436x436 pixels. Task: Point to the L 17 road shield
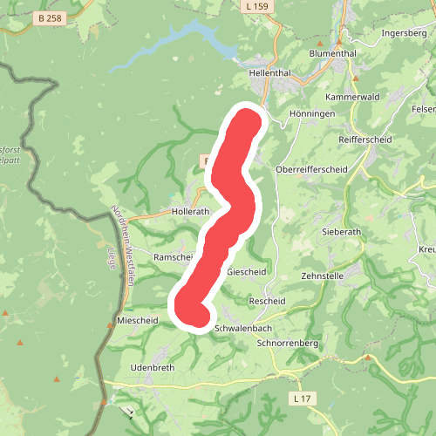point(301,399)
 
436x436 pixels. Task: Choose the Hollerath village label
point(191,212)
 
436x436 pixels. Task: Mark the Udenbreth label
point(153,368)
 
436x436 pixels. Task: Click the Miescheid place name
point(137,321)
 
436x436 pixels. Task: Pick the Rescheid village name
point(267,301)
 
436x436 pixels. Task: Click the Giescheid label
point(246,271)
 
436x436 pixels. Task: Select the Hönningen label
point(305,114)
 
